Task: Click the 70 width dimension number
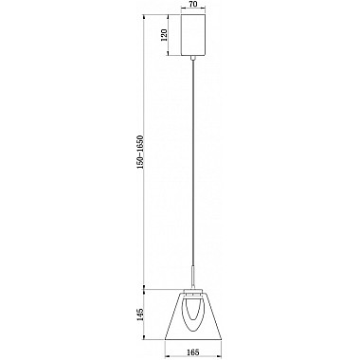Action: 193,6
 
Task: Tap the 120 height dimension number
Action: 164,36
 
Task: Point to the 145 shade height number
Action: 142,314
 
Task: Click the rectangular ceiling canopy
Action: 193,36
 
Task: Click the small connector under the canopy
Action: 193,59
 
